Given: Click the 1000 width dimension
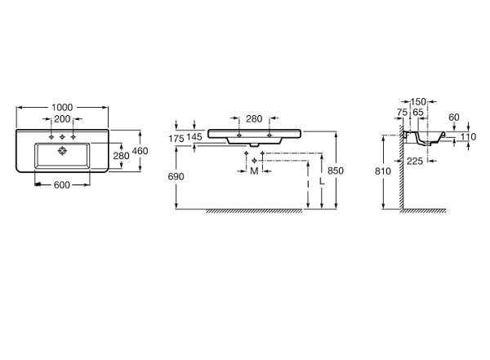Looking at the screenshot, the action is [62, 108].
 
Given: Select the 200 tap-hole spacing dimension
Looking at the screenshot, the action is [62, 119].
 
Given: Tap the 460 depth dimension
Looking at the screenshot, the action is [140, 151].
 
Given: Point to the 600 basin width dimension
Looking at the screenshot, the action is [62, 185].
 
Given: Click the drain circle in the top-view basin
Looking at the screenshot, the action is [63, 151].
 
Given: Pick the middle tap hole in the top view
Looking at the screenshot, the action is [62, 137].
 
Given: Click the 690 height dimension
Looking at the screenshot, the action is [176, 176].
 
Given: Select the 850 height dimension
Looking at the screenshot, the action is [336, 171].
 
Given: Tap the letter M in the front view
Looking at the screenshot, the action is [254, 171].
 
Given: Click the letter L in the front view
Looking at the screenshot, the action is [323, 181].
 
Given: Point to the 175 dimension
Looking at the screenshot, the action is [176, 139].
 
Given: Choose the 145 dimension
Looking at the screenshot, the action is [194, 136].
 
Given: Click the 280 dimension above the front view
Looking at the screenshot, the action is [254, 119].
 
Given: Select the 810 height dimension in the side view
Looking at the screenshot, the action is [383, 171].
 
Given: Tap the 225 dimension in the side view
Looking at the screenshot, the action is [415, 162].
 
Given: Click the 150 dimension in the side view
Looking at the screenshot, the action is [418, 102].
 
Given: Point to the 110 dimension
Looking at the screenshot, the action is [468, 136].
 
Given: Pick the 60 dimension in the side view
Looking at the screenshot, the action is [454, 118].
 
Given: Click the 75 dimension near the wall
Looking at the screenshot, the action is [402, 112].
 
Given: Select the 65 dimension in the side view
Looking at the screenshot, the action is [418, 112].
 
